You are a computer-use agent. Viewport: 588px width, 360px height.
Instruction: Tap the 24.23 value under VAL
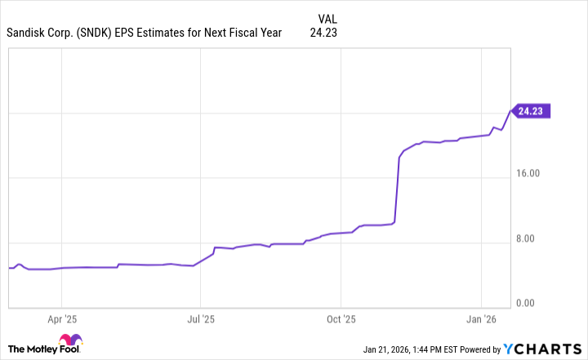pyautogui.click(x=323, y=33)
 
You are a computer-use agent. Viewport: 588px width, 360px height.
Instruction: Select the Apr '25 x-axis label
pyautogui.click(x=62, y=319)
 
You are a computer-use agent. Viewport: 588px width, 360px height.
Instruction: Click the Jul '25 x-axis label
pyautogui.click(x=201, y=319)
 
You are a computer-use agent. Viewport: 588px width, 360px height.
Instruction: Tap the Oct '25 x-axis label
pyautogui.click(x=341, y=319)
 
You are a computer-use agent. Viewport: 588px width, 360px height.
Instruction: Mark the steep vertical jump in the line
pyautogui.click(x=397, y=188)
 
